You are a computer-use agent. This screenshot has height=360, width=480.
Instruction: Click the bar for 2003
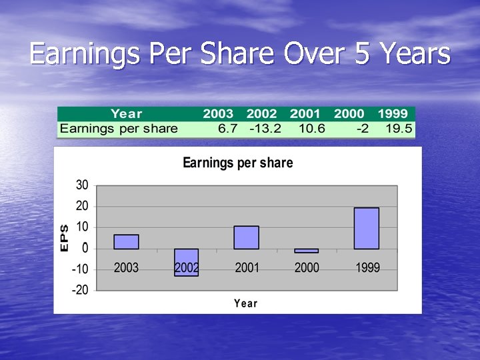126,241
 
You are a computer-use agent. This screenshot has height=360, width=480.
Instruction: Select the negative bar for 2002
187,262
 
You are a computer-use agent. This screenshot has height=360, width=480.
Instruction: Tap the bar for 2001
246,237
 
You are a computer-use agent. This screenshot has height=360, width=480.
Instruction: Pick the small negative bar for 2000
306,251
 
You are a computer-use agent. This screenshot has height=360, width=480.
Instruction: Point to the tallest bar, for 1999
366,228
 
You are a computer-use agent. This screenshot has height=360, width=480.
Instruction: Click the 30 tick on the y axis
82,185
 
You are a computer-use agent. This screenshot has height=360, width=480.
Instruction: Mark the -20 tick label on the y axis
80,290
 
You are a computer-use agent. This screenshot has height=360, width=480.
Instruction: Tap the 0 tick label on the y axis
85,248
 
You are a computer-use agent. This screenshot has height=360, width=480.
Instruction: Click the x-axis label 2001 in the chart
247,268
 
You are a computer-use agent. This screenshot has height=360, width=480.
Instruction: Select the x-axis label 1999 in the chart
367,268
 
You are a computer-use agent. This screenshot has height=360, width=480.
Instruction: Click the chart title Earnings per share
237,163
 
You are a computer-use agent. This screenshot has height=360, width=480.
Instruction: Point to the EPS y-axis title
64,237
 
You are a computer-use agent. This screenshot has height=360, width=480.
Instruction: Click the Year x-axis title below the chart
245,303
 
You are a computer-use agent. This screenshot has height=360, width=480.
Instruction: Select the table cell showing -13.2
265,129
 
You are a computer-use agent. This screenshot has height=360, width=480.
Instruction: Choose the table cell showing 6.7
227,129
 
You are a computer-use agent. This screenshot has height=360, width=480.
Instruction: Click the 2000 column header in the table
349,114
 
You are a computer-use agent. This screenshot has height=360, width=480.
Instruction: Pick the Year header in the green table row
126,114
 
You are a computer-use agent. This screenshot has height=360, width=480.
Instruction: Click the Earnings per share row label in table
119,129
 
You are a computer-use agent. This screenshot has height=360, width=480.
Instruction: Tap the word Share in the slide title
237,54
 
